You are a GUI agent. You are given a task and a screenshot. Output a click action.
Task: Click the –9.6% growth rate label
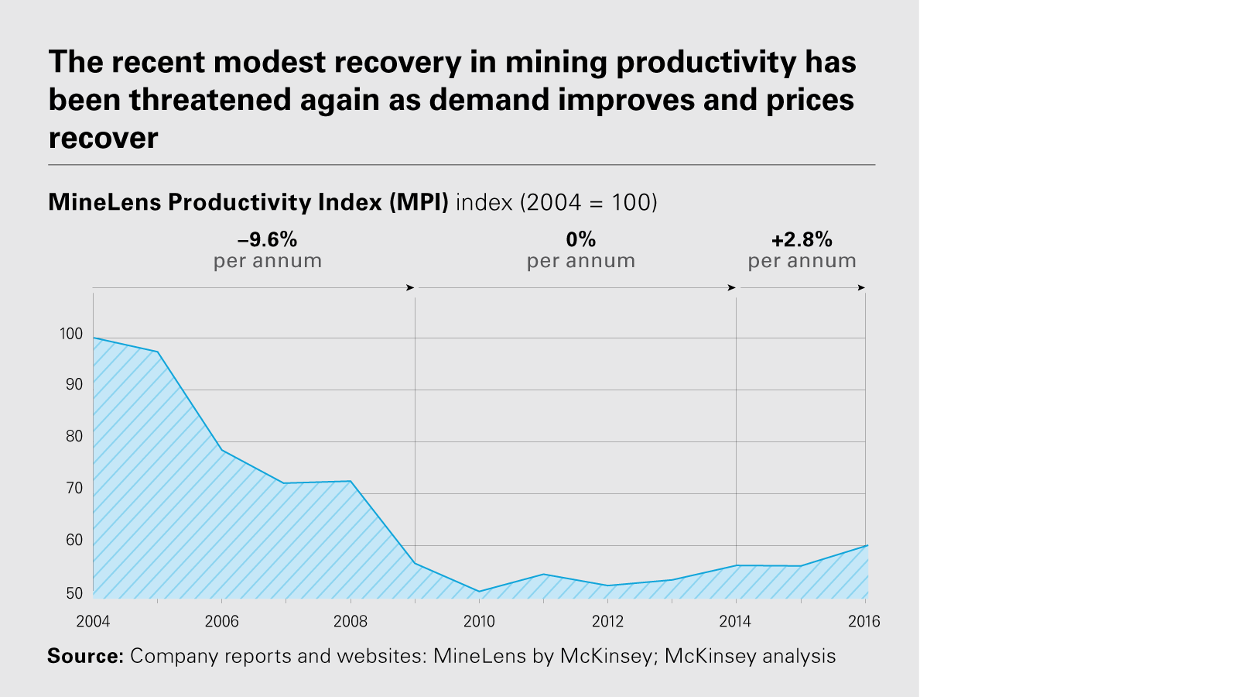[x=267, y=239]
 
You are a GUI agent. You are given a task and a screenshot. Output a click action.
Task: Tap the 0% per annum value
[x=581, y=239]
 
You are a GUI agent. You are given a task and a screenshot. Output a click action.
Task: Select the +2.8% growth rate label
[x=802, y=239]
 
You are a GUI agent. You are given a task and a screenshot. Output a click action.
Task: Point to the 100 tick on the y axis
[x=70, y=334]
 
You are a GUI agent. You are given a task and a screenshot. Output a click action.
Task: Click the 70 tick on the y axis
[x=74, y=488]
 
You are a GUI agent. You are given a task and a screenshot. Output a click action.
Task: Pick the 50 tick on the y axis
[x=74, y=593]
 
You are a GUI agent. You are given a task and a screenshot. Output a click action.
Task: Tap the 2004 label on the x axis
[x=93, y=621]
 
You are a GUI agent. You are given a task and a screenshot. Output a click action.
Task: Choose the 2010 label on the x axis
[x=479, y=621]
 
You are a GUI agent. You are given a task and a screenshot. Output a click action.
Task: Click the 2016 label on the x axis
[x=864, y=621]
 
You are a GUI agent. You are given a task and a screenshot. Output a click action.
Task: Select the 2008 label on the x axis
[x=351, y=621]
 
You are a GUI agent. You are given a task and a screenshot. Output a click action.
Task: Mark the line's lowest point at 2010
[x=479, y=592]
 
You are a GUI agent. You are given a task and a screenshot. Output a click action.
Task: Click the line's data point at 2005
[x=158, y=352]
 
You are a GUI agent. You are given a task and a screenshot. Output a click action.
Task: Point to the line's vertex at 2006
[x=222, y=450]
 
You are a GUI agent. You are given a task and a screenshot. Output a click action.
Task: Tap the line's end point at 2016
[x=866, y=546]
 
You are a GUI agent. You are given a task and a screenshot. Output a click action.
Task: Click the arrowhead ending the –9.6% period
[x=410, y=288]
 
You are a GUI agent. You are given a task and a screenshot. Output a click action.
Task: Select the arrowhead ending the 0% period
[x=731, y=288]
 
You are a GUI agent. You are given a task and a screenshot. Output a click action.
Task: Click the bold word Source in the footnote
[x=85, y=656]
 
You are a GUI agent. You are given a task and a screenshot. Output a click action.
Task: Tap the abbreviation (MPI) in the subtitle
[x=419, y=202]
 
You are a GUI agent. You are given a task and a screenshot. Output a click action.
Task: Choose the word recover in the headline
[x=103, y=138]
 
